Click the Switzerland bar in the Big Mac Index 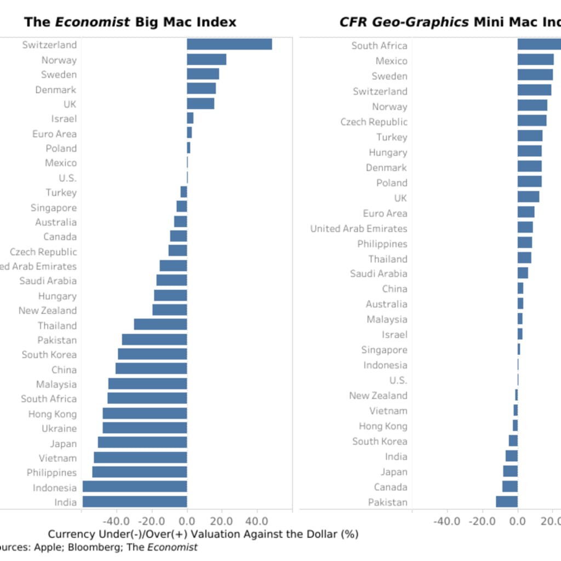click(229, 44)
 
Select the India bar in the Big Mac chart click(135, 502)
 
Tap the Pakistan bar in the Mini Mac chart click(507, 502)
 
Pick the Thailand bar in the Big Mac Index click(161, 325)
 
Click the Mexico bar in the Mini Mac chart click(535, 60)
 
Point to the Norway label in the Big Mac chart click(59, 60)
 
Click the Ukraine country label click(59, 428)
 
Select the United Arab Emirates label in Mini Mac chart click(359, 228)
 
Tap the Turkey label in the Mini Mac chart click(392, 137)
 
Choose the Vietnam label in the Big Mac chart click(58, 458)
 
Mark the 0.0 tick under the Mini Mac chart click(518, 520)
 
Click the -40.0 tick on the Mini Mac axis click(446, 520)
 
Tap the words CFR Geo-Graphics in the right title click(404, 22)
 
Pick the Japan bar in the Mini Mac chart click(510, 472)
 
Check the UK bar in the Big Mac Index click(201, 104)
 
